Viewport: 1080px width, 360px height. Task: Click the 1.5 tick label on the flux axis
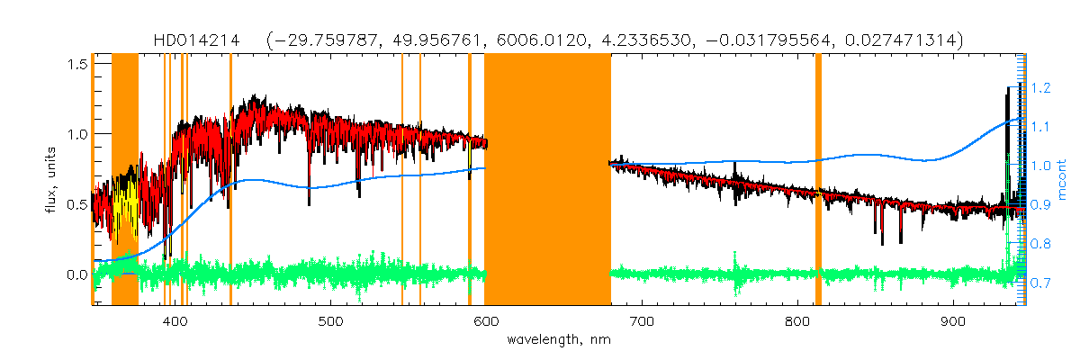coord(76,64)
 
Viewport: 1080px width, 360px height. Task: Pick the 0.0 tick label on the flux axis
coord(76,274)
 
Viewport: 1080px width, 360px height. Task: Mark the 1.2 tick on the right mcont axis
coord(1041,88)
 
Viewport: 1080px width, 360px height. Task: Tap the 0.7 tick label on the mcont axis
coord(1041,283)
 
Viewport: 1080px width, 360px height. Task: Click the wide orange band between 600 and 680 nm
coord(547,180)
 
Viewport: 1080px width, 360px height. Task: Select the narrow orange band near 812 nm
coord(818,180)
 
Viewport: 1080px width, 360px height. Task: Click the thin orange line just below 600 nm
coord(470,180)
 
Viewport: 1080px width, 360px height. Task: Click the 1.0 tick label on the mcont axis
coord(1041,166)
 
